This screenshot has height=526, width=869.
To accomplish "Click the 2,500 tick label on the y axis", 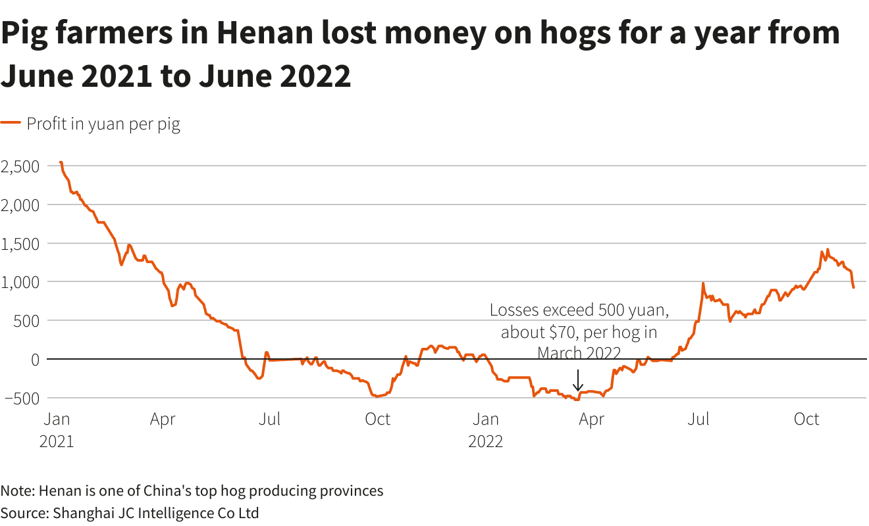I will pyautogui.click(x=20, y=166).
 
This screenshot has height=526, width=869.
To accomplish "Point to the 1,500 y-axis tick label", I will pyautogui.click(x=20, y=243).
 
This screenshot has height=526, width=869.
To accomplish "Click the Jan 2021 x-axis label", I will pyautogui.click(x=57, y=429).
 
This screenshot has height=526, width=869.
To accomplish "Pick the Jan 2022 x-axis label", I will pyautogui.click(x=485, y=429).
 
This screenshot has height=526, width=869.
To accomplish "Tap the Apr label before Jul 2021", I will pyautogui.click(x=163, y=419).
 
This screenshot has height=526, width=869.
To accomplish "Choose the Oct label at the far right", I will pyautogui.click(x=806, y=419).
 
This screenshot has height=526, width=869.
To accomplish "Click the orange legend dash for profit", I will pyautogui.click(x=11, y=124).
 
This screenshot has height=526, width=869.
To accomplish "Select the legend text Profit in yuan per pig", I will pyautogui.click(x=103, y=124).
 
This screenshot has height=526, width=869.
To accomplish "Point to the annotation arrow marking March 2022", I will pyautogui.click(x=577, y=380).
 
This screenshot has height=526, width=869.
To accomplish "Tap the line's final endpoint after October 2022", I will pyautogui.click(x=853, y=287).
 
